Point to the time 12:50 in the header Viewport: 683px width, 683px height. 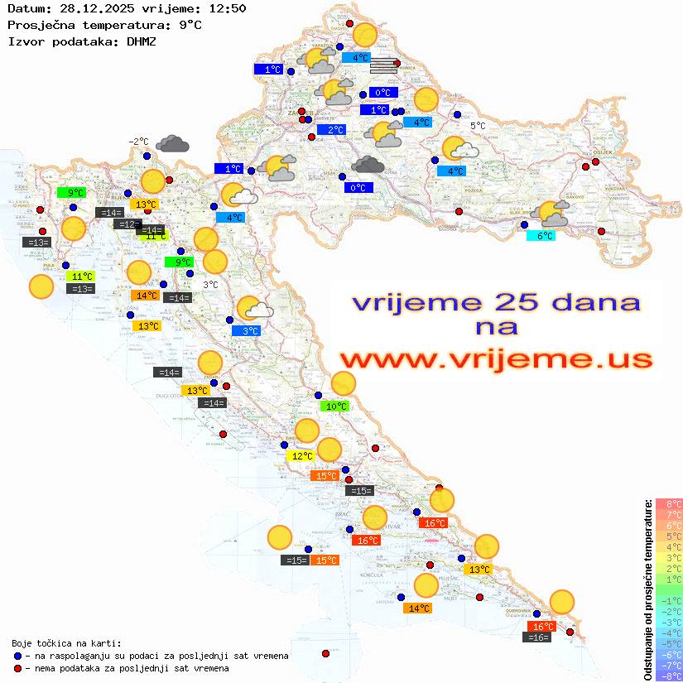click(x=225, y=9)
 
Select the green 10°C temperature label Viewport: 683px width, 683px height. click(x=335, y=406)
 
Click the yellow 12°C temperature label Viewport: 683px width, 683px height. click(x=301, y=456)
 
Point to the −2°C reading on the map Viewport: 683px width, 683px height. click(x=138, y=142)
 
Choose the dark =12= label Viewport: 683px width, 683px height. click(x=127, y=224)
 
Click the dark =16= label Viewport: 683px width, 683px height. click(x=538, y=637)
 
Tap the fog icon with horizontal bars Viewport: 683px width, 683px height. click(x=383, y=65)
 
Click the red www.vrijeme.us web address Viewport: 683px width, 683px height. click(x=495, y=359)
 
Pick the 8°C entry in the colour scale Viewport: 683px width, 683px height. click(x=669, y=504)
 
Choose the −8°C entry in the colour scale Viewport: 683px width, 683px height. click(x=669, y=676)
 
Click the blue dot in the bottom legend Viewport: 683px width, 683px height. click(x=18, y=656)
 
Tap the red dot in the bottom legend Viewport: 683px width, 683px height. click(x=18, y=668)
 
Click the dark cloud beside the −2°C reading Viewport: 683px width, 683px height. click(x=172, y=144)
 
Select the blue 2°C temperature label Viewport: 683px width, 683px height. click(x=330, y=130)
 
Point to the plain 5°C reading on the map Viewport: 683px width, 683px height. click(x=478, y=126)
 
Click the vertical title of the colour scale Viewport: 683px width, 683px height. click(x=648, y=589)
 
